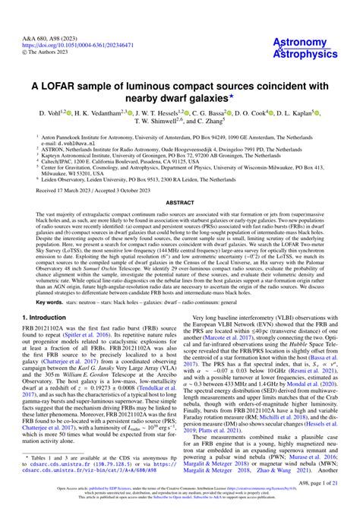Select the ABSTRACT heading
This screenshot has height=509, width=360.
click(x=179, y=203)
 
